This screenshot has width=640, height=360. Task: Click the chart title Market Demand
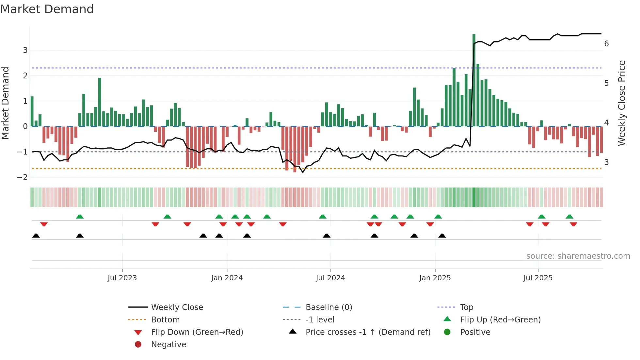tap(47, 9)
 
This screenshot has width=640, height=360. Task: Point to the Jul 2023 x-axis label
tap(122, 278)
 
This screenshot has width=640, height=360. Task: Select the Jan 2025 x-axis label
tap(435, 278)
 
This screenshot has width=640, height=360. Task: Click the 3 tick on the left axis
tap(25, 50)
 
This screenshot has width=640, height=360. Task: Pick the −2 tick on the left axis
tap(23, 177)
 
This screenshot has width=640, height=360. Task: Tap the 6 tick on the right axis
tap(606, 44)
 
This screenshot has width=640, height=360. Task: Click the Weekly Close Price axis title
tap(622, 103)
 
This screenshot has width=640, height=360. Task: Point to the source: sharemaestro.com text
tap(578, 256)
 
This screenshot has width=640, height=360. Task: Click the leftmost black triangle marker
tap(36, 236)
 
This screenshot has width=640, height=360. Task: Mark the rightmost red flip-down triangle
tap(573, 224)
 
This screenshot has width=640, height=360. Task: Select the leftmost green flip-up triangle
tap(80, 217)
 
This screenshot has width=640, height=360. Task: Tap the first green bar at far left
tap(32, 111)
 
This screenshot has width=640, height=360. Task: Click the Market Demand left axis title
tap(5, 103)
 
